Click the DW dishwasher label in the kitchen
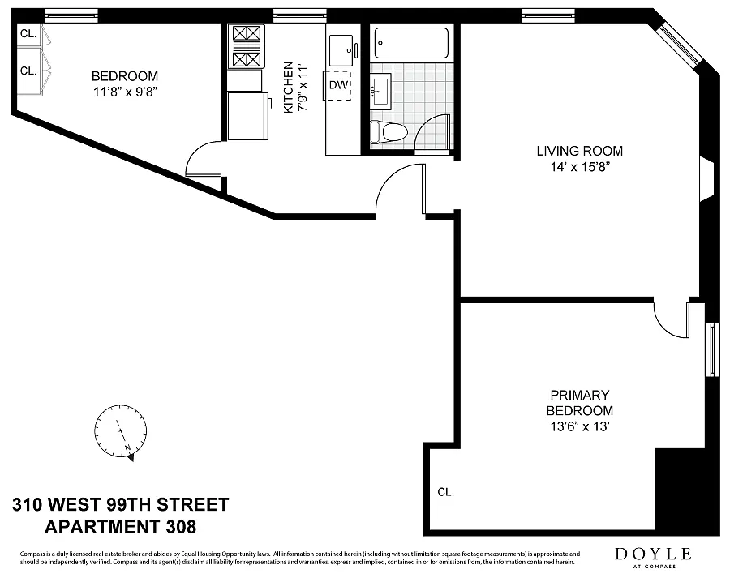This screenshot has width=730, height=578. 338,85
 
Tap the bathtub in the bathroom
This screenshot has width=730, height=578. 411,43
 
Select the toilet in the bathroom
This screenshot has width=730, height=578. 389,131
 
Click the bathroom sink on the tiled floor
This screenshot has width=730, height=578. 381,92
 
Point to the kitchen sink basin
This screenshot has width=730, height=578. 341,50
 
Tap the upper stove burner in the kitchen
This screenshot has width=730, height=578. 246,33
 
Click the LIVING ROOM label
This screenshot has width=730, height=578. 580,151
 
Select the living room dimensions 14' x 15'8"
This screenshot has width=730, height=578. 580,167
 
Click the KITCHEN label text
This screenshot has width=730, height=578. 289,87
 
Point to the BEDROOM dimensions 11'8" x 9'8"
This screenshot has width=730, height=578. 125,92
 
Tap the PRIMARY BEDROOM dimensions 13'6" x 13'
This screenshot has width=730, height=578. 580,426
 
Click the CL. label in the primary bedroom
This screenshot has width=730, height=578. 445,492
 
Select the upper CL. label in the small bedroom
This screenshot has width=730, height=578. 28,33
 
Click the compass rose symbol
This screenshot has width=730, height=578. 121,432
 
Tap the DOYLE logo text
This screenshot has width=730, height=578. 653,554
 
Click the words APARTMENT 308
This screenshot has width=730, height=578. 120,527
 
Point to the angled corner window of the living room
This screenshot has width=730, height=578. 680,44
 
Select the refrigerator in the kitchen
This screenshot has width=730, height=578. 248,115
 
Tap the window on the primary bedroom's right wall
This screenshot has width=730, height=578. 712,349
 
